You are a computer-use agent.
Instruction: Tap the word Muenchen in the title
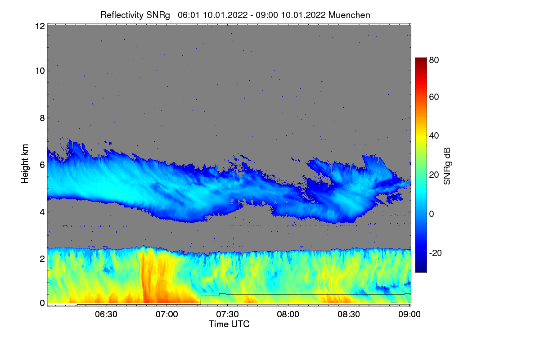(x=349, y=15)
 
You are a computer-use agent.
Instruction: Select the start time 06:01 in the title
(x=189, y=15)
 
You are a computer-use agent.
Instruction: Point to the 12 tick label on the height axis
(x=40, y=26)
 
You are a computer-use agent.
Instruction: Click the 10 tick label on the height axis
(x=40, y=71)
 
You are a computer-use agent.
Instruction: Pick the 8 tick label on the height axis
(x=42, y=118)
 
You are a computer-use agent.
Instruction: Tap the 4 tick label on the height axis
(x=42, y=212)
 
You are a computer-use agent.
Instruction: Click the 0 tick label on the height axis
(x=42, y=303)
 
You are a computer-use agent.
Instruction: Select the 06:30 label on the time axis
(x=106, y=314)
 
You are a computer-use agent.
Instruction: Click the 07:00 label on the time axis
(x=167, y=314)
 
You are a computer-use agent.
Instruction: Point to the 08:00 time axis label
(x=288, y=314)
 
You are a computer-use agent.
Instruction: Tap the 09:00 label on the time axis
(x=409, y=314)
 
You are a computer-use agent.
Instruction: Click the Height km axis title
(x=25, y=164)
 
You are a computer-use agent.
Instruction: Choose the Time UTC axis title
(x=229, y=324)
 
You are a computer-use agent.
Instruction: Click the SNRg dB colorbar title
(x=447, y=166)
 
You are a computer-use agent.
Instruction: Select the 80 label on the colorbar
(x=434, y=60)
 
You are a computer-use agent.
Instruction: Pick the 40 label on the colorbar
(x=434, y=136)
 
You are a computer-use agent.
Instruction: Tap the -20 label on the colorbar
(x=436, y=253)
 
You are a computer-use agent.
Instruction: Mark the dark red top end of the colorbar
(x=421, y=58)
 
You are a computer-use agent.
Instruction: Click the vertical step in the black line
(x=201, y=300)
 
